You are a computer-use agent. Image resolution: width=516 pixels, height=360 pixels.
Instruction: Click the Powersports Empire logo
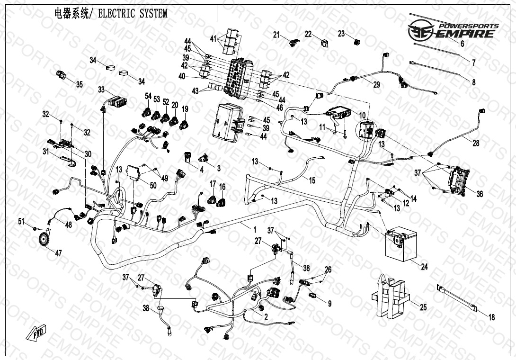tap(453, 30)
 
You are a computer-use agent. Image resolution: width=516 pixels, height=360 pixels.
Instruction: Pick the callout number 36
tap(480, 194)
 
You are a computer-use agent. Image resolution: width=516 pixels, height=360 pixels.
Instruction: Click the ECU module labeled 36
tap(458, 180)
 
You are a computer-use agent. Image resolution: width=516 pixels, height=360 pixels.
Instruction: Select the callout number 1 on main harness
tap(254, 229)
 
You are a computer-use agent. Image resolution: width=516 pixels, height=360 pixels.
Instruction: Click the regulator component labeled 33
tap(116, 100)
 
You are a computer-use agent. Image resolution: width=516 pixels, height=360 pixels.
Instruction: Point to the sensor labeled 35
tap(61, 75)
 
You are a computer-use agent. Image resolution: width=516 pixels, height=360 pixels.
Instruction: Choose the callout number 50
tap(153, 185)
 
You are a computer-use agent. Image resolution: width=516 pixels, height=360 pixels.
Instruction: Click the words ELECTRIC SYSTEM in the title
tap(133, 14)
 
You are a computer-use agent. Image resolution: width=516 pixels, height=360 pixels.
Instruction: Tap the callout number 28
tap(476, 143)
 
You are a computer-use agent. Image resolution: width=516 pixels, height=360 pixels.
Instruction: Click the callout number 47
tap(58, 253)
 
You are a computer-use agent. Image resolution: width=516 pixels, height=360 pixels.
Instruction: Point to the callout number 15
tap(312, 180)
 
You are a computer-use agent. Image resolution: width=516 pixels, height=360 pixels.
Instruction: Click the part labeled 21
tap(294, 43)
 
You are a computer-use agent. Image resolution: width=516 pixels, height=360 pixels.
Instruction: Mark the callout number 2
tap(266, 317)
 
